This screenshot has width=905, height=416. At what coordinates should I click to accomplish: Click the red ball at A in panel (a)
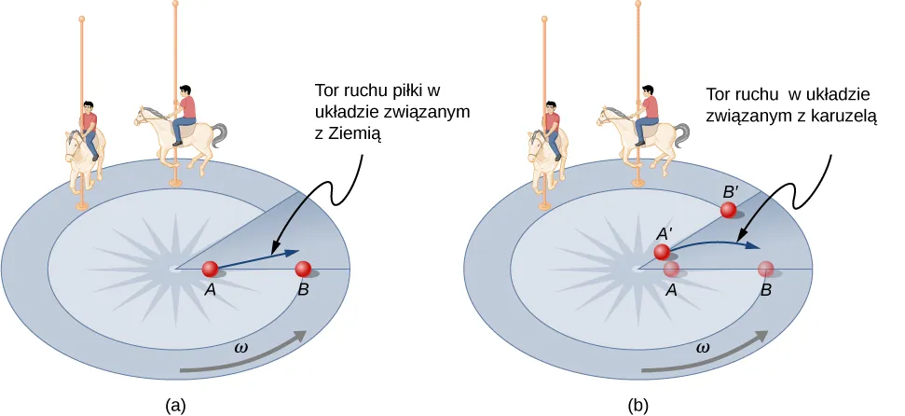211,269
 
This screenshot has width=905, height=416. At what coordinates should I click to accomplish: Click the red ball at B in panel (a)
303,269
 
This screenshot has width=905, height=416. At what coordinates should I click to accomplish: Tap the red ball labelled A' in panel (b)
662,252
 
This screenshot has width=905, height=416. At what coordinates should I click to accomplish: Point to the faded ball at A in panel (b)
671,269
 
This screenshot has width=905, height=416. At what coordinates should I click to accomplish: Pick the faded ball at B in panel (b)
766,269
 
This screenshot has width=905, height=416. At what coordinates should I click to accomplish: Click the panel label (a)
174,405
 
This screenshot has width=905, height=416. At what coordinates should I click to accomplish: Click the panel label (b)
638,405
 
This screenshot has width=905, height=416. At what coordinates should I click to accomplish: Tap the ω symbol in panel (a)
241,346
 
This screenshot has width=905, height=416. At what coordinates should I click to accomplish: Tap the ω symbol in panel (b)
704,346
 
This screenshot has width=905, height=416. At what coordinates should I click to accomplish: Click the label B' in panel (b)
733,190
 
